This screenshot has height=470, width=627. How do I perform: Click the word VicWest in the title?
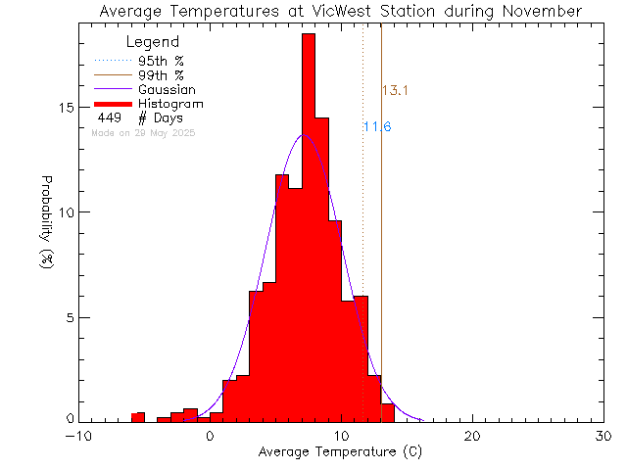click(340, 11)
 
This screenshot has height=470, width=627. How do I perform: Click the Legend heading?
click(153, 42)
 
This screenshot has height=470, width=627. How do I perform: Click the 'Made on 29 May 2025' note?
click(143, 132)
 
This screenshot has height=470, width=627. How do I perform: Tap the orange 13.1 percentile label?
click(394, 91)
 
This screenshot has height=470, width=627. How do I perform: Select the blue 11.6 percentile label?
click(377, 127)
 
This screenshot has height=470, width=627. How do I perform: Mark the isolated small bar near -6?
click(138, 417)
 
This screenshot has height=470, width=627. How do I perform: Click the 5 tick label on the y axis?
click(69, 317)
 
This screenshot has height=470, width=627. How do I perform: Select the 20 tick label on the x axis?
click(472, 436)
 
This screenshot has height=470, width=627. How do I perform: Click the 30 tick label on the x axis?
click(603, 436)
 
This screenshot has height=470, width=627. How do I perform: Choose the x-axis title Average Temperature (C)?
click(341, 452)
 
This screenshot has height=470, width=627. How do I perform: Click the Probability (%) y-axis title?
click(46, 224)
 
